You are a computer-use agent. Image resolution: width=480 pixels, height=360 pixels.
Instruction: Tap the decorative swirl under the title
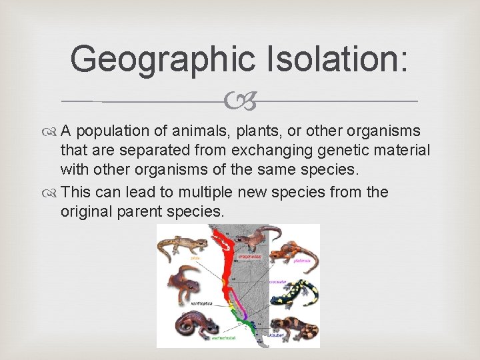click(x=239, y=101)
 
